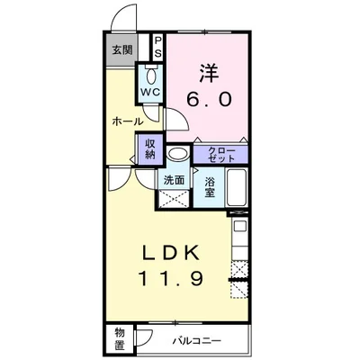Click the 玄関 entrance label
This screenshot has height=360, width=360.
(121, 50)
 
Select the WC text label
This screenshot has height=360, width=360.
(148, 93)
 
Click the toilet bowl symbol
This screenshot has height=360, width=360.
(148, 76)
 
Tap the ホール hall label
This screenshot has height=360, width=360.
(128, 121)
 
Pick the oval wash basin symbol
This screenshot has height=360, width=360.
(177, 154)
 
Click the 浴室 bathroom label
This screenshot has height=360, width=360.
(210, 185)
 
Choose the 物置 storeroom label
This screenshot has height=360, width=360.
(121, 338)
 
